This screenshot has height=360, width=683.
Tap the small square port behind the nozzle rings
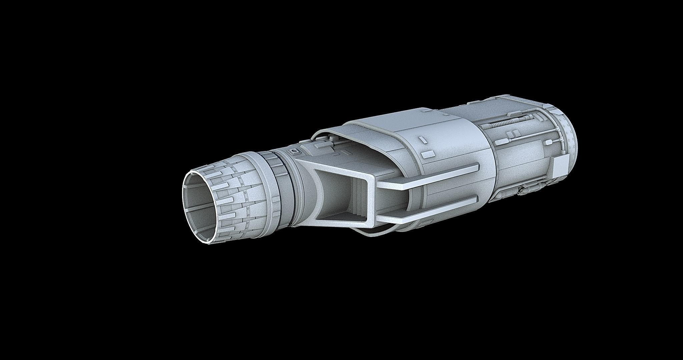tap(294, 152)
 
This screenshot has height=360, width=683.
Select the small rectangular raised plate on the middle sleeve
tap(429, 154)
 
